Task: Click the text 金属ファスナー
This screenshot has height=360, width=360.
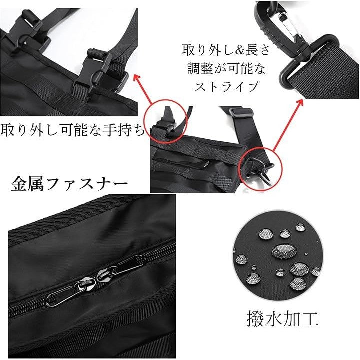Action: [x=69, y=184]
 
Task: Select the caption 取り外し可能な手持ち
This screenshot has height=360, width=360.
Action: [x=73, y=130]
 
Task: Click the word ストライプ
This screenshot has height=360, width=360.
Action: [x=226, y=86]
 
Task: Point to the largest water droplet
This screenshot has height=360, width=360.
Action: [x=284, y=251]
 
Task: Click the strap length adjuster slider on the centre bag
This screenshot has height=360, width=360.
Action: [x=241, y=112]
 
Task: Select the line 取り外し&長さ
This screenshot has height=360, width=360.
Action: [x=226, y=50]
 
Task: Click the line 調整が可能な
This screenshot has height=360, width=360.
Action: [x=226, y=68]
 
